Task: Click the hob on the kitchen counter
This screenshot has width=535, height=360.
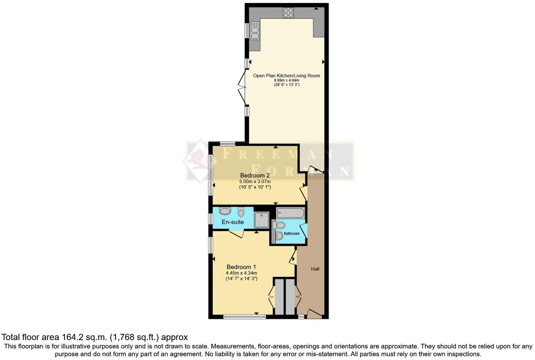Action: point(288,13)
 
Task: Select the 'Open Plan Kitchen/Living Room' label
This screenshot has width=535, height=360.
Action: point(286,76)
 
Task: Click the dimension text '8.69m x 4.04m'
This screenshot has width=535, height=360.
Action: point(286,80)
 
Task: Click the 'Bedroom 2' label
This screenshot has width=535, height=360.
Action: point(255,175)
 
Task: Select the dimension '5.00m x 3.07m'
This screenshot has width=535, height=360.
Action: point(255,181)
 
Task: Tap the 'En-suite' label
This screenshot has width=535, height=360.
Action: point(233,222)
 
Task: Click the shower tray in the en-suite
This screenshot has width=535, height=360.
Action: point(262,220)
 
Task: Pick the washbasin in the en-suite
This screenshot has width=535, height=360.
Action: point(225,211)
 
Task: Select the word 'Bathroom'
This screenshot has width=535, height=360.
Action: point(292,234)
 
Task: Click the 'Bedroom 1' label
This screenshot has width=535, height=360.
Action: point(241,267)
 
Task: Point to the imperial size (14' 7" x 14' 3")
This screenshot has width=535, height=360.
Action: point(241,279)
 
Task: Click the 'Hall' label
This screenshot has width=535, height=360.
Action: point(315,269)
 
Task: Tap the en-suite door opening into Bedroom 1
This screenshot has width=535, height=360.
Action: point(236,234)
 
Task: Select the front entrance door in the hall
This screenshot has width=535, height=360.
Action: point(314,314)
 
